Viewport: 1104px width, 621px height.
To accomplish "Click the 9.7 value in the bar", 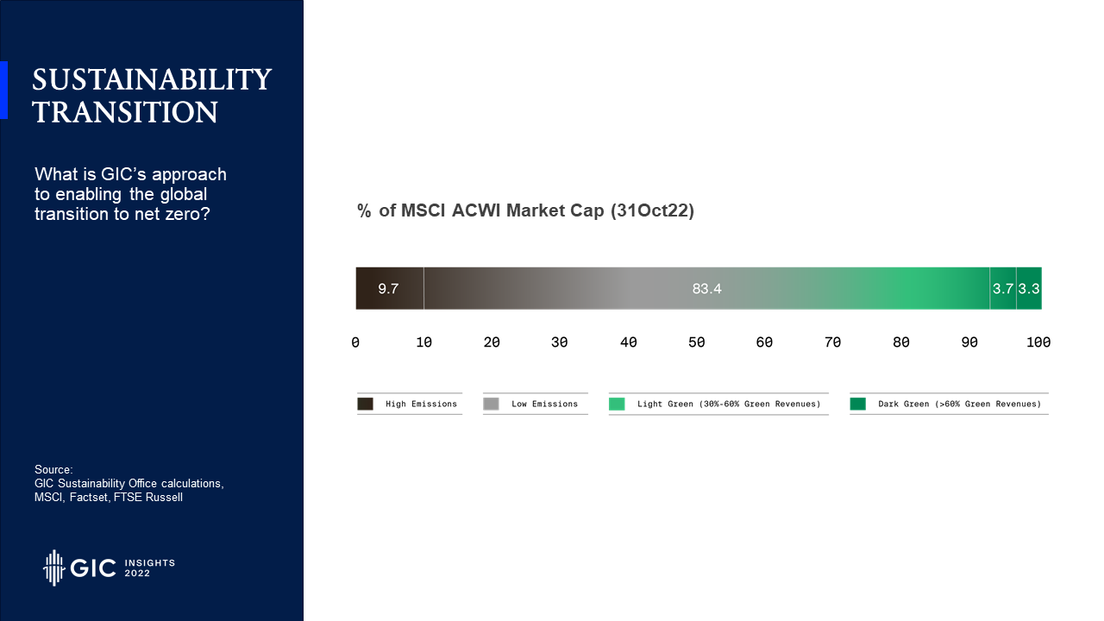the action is (388, 289).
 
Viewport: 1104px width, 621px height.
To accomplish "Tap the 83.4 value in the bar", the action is (706, 289).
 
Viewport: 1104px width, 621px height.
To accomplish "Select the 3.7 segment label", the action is (1003, 289).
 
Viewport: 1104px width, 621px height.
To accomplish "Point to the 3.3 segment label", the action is (1029, 289).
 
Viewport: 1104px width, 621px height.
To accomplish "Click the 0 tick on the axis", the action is (355, 342).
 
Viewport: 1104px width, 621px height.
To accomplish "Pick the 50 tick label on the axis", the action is (696, 342).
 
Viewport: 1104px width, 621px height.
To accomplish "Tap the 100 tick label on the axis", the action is (1038, 342).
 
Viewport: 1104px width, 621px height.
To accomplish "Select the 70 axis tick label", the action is (832, 342).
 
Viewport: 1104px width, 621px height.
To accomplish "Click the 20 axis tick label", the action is (492, 342).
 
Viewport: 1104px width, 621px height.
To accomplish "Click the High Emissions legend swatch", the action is (365, 405).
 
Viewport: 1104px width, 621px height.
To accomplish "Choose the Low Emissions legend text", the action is (544, 405).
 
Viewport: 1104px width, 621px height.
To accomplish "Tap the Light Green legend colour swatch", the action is (617, 405).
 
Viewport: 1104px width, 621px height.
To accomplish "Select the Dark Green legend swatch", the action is (858, 405).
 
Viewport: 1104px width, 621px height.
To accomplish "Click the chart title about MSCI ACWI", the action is (525, 210).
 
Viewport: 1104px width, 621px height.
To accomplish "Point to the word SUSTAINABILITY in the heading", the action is (152, 80).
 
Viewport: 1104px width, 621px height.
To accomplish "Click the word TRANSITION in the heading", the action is (125, 112).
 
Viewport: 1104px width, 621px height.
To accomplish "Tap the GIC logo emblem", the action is (53, 568).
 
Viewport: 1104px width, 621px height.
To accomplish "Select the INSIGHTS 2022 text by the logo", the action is (150, 568).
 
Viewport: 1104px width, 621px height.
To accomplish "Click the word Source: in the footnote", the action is (53, 470).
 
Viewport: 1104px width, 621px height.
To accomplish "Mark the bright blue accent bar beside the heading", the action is (4, 91).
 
